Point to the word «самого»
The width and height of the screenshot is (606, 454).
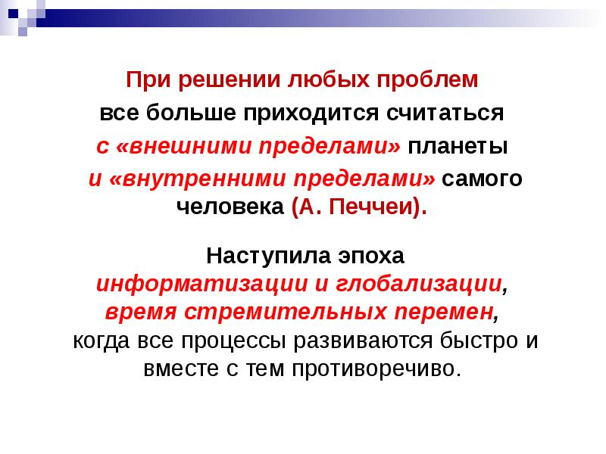pyautogui.click(x=482, y=180)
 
